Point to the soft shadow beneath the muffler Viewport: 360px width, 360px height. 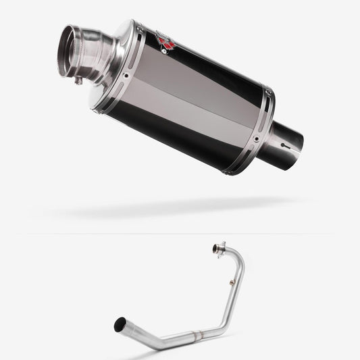click(176, 207)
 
